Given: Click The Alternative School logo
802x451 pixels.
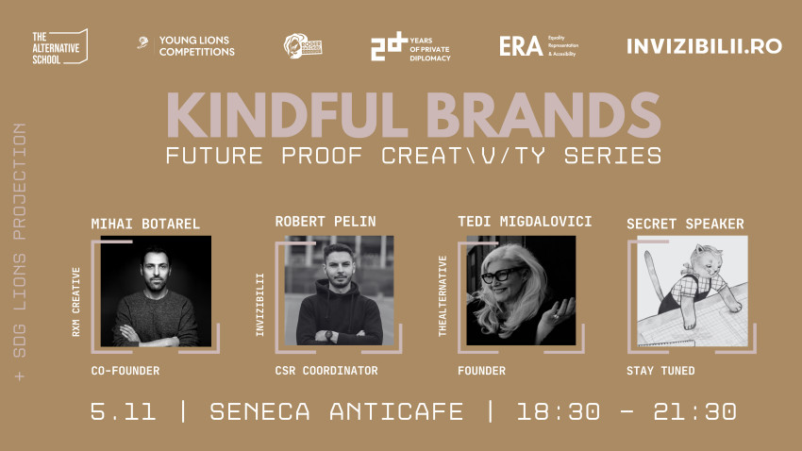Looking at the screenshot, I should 59,46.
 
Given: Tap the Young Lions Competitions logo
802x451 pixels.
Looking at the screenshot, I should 186,46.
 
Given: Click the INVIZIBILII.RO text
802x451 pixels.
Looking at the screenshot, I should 704,46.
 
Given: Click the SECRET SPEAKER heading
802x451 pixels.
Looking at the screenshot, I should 685,224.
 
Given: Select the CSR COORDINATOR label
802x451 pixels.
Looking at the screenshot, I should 326,371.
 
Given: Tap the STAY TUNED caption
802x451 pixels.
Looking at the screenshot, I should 660,371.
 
